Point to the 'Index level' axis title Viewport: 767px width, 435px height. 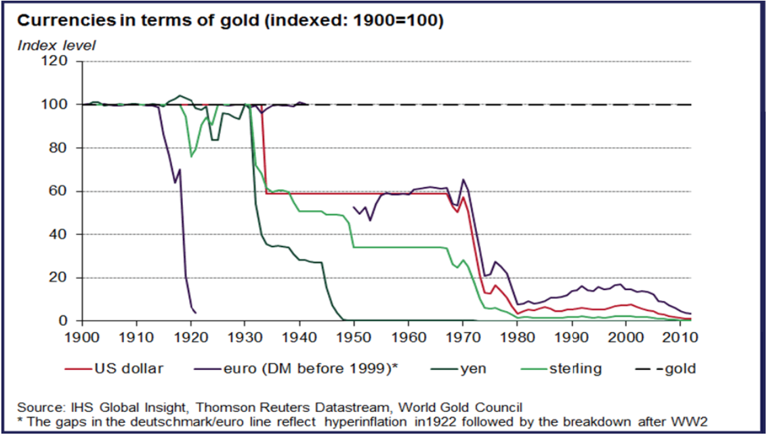tap(56, 45)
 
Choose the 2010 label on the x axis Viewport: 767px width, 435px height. tap(680, 335)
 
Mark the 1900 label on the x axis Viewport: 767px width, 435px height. tap(82, 335)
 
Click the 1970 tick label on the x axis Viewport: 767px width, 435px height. tap(463, 335)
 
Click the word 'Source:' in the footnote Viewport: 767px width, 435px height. tap(39, 407)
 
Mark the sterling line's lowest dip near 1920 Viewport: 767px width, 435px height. tap(192, 157)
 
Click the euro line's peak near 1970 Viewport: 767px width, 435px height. tap(463, 180)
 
